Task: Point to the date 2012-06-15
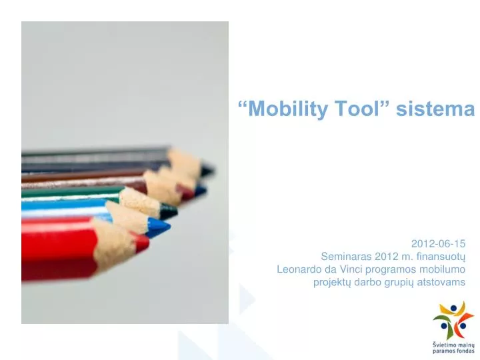[x=438, y=243]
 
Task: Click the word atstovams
[x=441, y=282]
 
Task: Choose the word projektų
[x=331, y=282]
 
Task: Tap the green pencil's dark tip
[x=170, y=212]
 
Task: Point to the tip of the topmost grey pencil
[x=208, y=170]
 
